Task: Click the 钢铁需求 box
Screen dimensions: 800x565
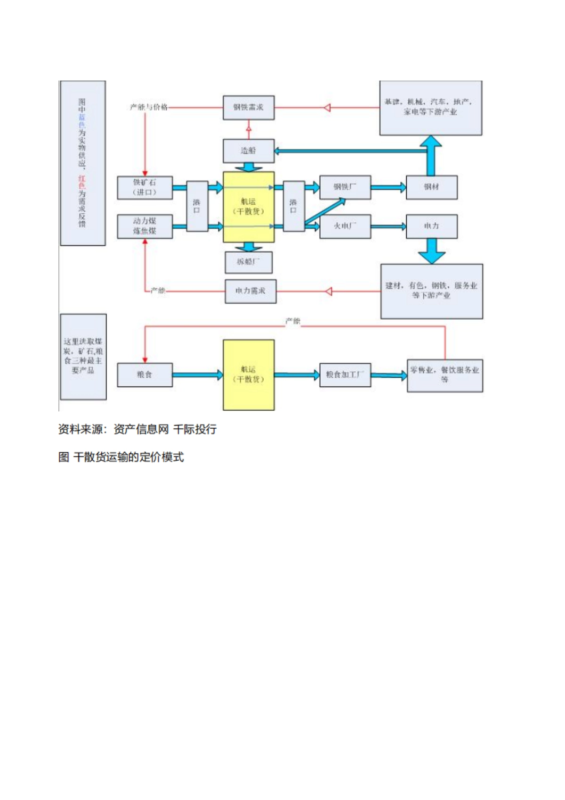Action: (248, 108)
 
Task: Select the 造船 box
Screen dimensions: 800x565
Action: (248, 151)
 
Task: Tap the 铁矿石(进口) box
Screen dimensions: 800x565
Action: (145, 188)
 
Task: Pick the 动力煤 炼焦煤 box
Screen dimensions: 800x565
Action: (145, 226)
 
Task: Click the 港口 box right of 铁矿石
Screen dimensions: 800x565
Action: (197, 206)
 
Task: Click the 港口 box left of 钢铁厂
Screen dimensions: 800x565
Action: (293, 206)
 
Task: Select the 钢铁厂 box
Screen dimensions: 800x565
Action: (345, 187)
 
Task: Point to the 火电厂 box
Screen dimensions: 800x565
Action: (345, 226)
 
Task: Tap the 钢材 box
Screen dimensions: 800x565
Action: (431, 188)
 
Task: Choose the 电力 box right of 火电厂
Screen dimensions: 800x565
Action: (431, 226)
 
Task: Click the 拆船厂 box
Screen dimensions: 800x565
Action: (248, 262)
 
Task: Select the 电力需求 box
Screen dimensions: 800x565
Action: (250, 291)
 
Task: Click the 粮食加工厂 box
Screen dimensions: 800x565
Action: (345, 375)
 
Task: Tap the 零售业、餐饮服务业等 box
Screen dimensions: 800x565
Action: (444, 375)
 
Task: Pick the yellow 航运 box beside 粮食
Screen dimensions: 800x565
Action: (248, 375)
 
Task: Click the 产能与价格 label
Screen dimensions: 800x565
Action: (149, 107)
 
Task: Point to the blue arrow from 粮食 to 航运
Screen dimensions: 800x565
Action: (197, 375)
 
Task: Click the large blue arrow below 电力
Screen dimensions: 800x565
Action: (431, 251)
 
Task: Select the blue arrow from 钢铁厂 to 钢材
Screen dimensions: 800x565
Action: (388, 188)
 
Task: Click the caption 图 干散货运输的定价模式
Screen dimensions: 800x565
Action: (121, 457)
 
